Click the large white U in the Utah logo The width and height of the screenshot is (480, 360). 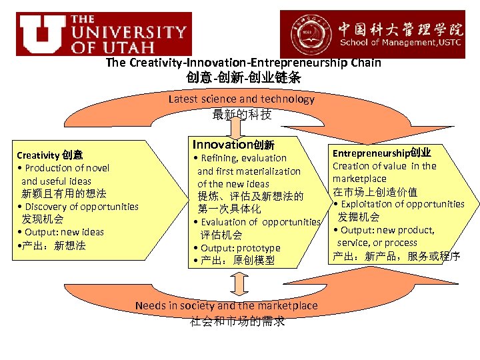(x=41, y=33)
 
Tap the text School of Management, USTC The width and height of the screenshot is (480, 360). (x=401, y=43)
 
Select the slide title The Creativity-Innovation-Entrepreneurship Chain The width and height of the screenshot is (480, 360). (x=243, y=63)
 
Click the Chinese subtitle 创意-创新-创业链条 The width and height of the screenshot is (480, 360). (x=243, y=77)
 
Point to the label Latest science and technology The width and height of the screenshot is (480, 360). (x=241, y=99)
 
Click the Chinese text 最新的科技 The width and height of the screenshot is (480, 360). (x=241, y=114)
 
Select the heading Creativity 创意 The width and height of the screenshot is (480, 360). (x=50, y=155)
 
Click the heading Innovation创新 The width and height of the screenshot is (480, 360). (x=233, y=144)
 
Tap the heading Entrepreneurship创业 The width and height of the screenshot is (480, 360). (x=381, y=153)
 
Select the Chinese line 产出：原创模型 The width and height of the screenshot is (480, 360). (x=233, y=261)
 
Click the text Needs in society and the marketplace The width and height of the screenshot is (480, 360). (x=227, y=305)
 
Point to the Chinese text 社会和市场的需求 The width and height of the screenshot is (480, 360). (x=237, y=321)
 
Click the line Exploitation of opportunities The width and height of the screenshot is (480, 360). (x=399, y=204)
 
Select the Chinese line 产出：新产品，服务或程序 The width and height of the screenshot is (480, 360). (x=396, y=256)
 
